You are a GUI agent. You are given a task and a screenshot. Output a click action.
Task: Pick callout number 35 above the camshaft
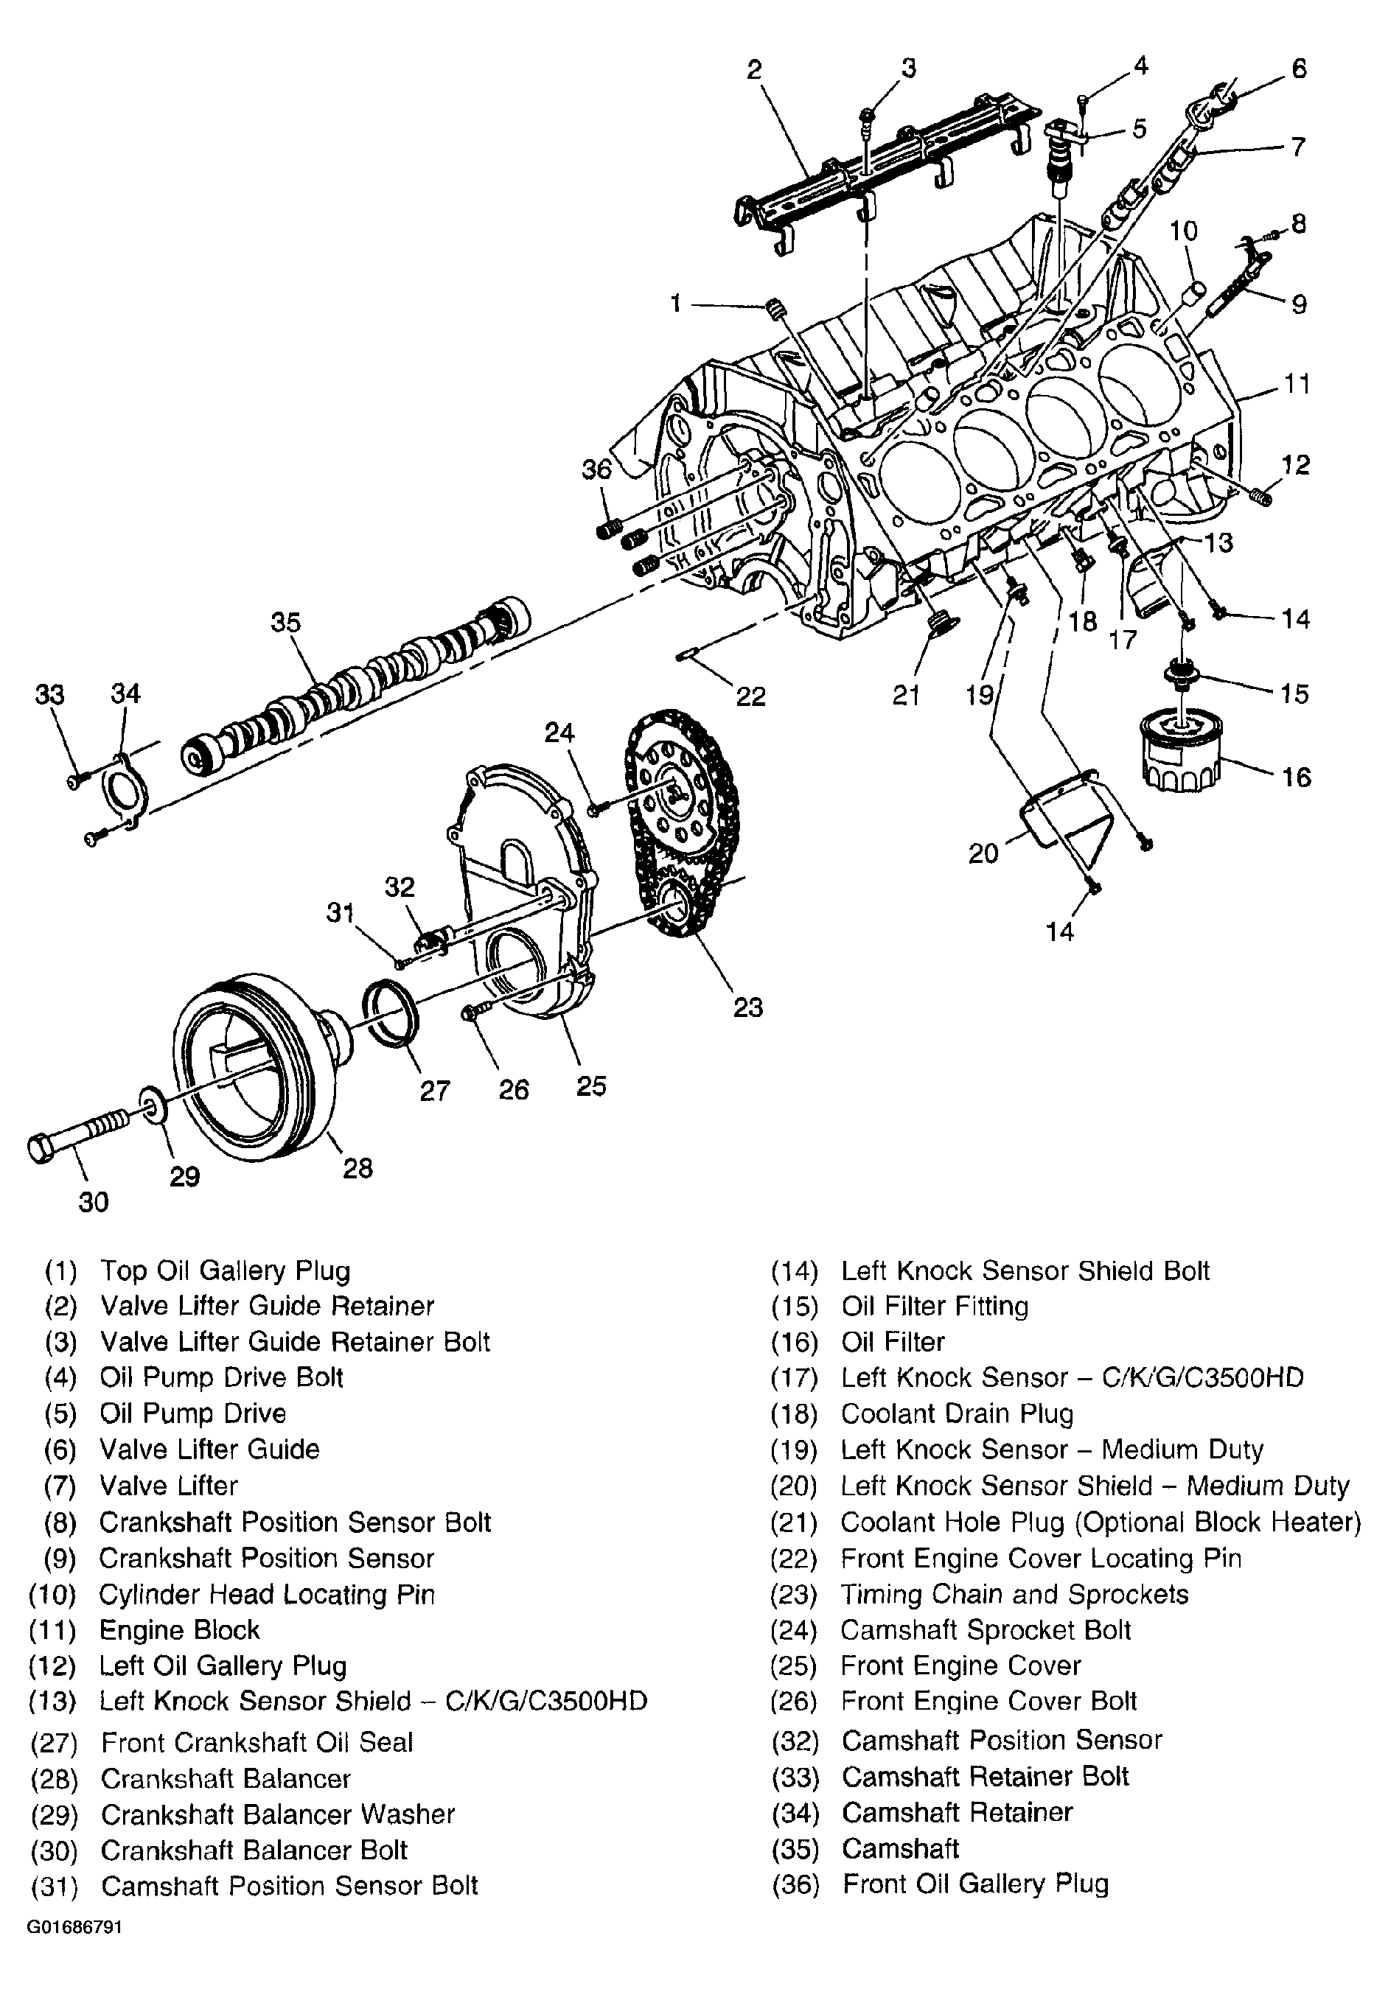pyautogui.click(x=285, y=623)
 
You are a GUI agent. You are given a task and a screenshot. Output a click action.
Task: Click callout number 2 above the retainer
pyautogui.click(x=754, y=69)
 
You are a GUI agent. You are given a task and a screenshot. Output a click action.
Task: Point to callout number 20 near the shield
pyautogui.click(x=984, y=854)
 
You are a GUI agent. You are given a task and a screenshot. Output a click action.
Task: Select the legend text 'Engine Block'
pyautogui.click(x=179, y=1629)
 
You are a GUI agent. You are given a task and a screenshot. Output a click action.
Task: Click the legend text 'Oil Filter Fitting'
pyautogui.click(x=935, y=1306)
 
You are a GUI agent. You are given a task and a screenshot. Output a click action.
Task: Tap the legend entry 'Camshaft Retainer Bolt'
pyautogui.click(x=985, y=1776)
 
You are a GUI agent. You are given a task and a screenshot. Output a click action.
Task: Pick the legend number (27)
pyautogui.click(x=54, y=1742)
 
